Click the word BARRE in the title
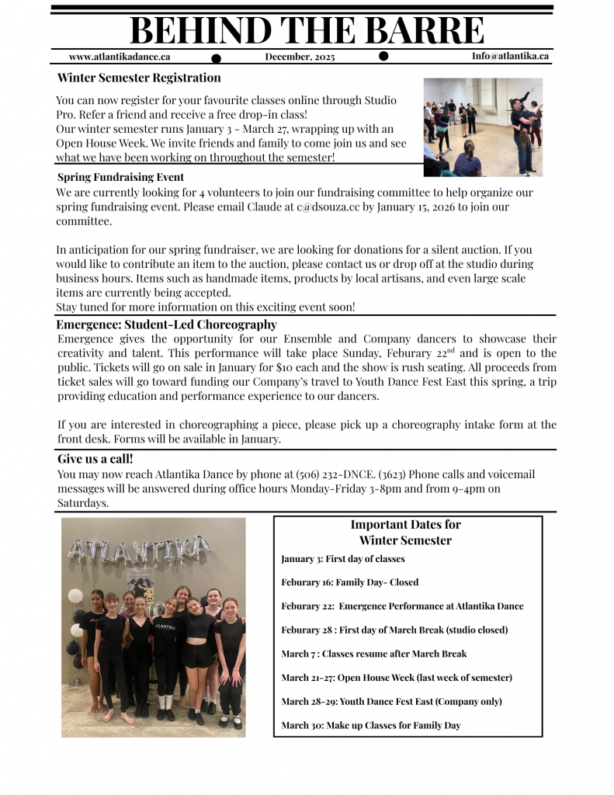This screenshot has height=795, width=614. pyautogui.click(x=423, y=30)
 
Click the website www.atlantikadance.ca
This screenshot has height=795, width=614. pyautogui.click(x=120, y=56)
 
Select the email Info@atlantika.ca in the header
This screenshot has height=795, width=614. pyautogui.click(x=510, y=56)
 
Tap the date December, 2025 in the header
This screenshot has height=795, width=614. pyautogui.click(x=300, y=57)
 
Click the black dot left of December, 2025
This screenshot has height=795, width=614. pyautogui.click(x=217, y=58)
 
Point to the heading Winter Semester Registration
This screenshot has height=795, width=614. pyautogui.click(x=139, y=78)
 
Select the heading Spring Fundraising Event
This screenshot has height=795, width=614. pyautogui.click(x=120, y=177)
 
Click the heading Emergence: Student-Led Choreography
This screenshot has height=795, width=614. pyautogui.click(x=166, y=325)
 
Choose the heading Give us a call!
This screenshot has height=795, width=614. pyautogui.click(x=95, y=459)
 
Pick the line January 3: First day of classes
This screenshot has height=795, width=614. pyautogui.click(x=342, y=559)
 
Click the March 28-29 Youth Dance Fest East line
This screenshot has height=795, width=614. pyautogui.click(x=391, y=701)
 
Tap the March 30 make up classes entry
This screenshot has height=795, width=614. pyautogui.click(x=370, y=725)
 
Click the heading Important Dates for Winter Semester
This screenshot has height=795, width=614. pyautogui.click(x=405, y=533)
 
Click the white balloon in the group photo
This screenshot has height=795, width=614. pyautogui.click(x=75, y=595)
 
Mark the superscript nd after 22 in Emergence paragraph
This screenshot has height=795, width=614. pyautogui.click(x=451, y=350)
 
